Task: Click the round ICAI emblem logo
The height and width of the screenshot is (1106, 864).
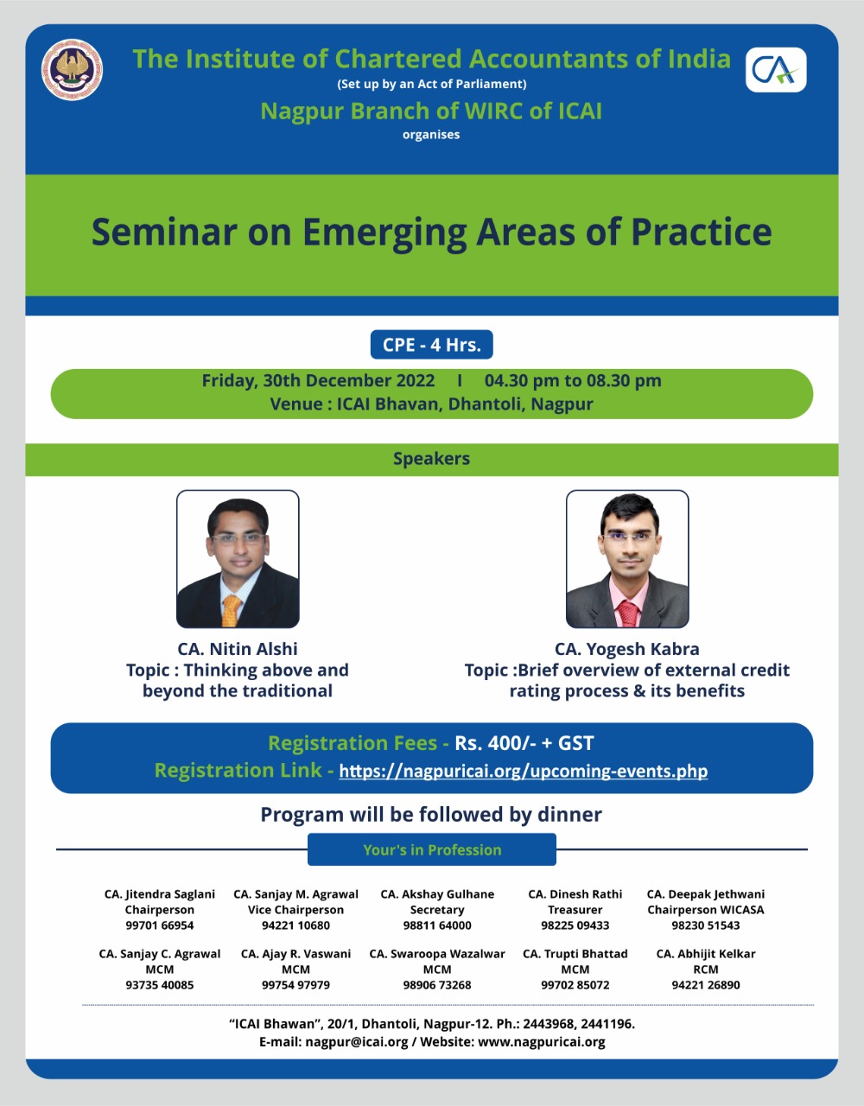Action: coord(72,70)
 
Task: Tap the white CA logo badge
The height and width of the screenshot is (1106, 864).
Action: coord(776,70)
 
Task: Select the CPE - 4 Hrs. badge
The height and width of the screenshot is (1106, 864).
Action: coord(431,345)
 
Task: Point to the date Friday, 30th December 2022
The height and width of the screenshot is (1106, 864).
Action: coord(318,381)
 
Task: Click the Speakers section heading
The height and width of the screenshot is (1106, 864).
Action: coord(431,459)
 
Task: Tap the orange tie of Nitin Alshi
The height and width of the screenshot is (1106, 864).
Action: coord(232,610)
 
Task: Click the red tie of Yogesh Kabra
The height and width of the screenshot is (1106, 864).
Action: coord(628,613)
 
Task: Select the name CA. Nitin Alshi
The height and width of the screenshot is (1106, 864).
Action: coord(237,649)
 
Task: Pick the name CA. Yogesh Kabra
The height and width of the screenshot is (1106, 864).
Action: coord(627,650)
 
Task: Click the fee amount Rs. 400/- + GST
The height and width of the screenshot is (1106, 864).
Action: coord(524,743)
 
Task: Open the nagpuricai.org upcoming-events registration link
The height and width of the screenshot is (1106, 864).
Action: coord(523,771)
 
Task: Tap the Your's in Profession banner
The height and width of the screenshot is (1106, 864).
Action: coord(431,849)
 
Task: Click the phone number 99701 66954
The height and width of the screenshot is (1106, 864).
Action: coord(160,925)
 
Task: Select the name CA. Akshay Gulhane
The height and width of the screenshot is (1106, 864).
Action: coord(437,894)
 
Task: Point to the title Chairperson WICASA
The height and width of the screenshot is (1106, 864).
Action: coord(706,910)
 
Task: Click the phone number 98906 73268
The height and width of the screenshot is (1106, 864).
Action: coord(437,985)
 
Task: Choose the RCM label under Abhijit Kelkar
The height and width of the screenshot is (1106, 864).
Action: coord(706,969)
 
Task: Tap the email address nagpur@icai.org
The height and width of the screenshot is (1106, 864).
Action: coord(357,1042)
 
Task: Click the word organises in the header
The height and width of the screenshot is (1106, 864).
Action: coord(431,135)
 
